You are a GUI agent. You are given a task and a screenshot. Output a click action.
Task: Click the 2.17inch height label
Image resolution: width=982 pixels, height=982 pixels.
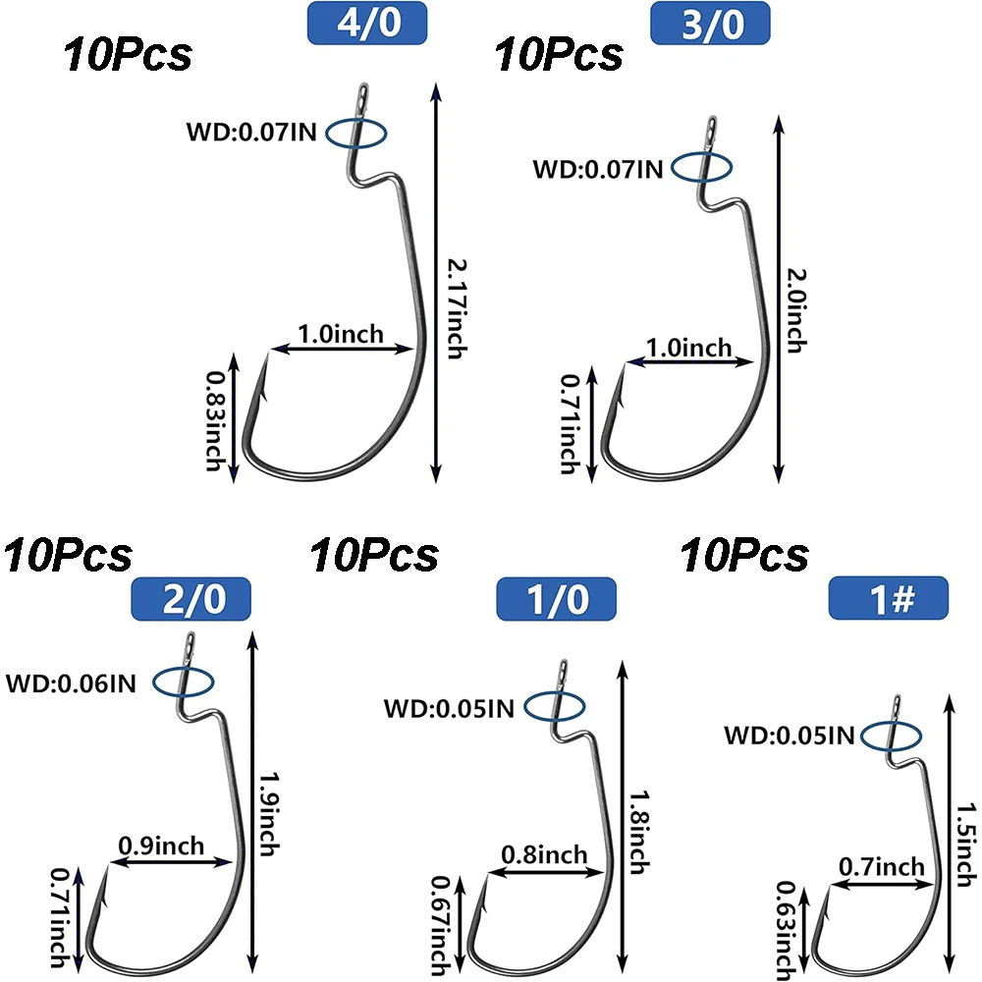pyautogui.click(x=453, y=309)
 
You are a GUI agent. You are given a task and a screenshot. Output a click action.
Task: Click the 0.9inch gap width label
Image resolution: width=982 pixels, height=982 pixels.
pyautogui.click(x=161, y=845)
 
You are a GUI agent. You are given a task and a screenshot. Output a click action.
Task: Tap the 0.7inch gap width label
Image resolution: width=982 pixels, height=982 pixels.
pyautogui.click(x=881, y=865)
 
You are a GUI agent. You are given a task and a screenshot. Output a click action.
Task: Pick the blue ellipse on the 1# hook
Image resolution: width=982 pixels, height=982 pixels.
pyautogui.click(x=894, y=734)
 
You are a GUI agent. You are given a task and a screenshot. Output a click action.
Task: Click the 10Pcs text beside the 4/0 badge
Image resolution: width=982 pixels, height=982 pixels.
pyautogui.click(x=128, y=55)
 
